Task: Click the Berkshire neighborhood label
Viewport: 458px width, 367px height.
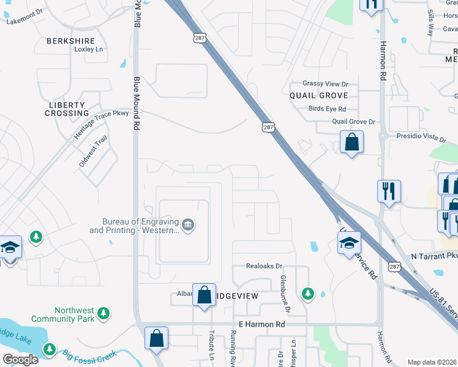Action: [70, 40]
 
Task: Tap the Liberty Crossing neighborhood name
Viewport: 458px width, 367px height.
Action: [68, 109]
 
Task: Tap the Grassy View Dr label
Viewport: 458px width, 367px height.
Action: [325, 84]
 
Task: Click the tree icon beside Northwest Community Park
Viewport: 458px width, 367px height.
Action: [104, 314]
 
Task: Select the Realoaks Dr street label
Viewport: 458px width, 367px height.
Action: [264, 266]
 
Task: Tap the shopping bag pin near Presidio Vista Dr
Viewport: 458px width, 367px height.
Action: [352, 143]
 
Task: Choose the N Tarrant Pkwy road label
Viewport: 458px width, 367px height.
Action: [434, 255]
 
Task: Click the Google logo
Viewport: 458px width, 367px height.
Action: [20, 359]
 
